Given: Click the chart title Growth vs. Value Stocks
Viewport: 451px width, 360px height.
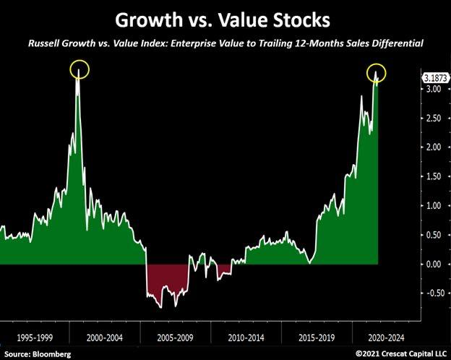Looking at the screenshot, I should (225, 17).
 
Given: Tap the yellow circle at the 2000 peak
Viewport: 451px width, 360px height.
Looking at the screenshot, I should (80, 70).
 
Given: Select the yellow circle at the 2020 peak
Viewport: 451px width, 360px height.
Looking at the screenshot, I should (377, 72).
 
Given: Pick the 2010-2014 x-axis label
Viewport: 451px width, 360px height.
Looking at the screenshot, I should (246, 338).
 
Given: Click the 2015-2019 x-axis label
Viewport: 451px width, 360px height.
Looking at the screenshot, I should (317, 338).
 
